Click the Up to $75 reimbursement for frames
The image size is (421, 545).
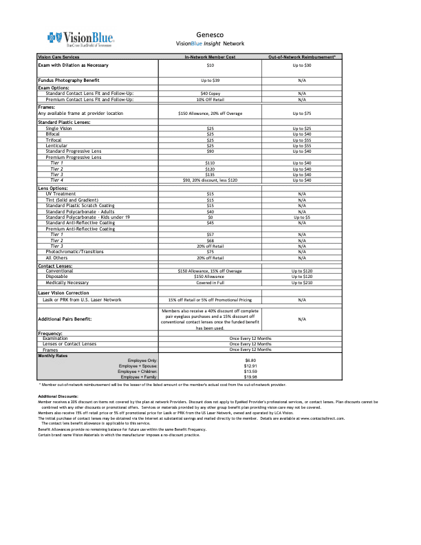point(301,113)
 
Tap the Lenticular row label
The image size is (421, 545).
point(58,146)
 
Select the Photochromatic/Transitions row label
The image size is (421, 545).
point(69,252)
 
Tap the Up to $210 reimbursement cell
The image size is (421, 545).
point(301,283)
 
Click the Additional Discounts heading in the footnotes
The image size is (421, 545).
point(58,397)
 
